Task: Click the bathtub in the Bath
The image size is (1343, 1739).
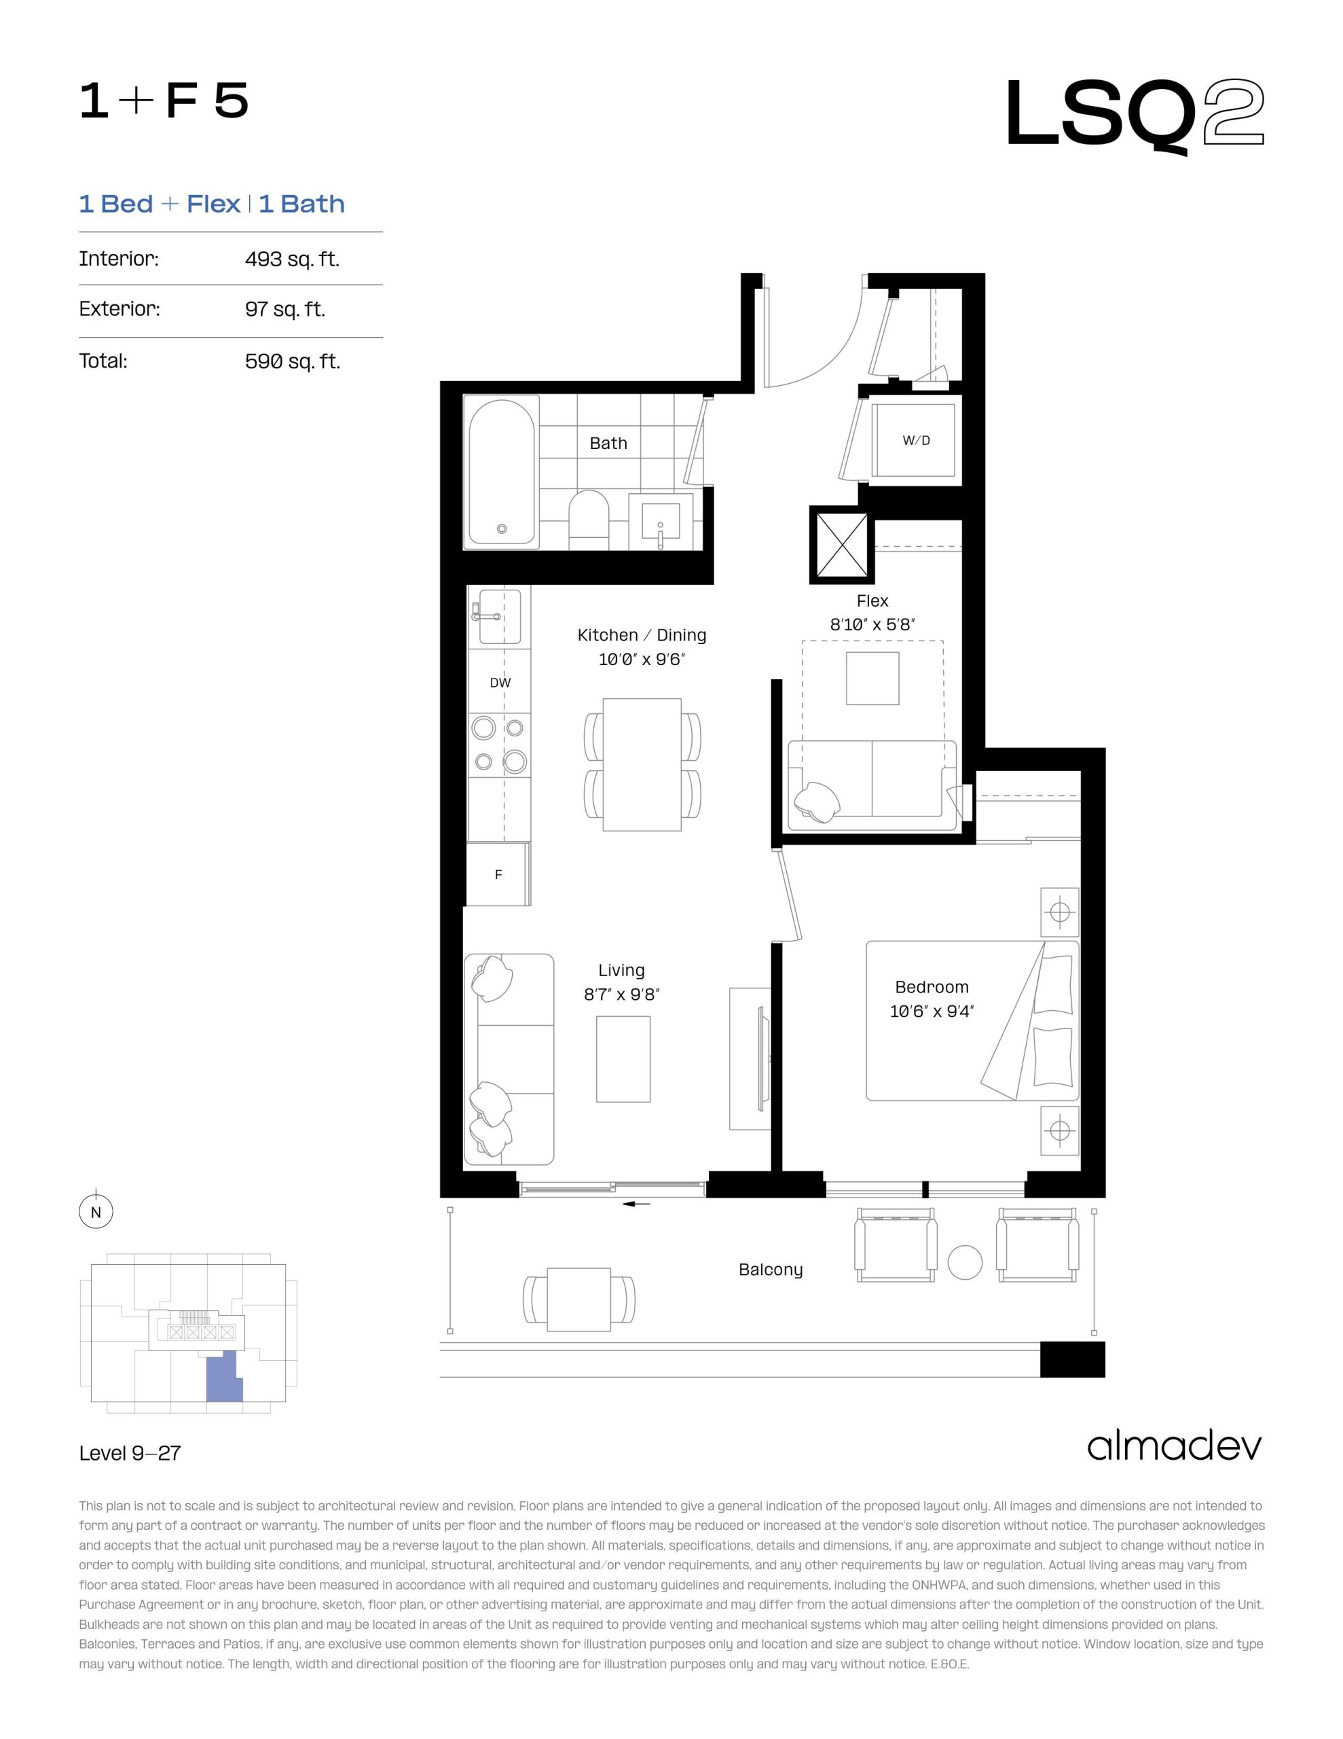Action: click(502, 471)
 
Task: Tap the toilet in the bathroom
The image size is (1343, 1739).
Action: click(589, 519)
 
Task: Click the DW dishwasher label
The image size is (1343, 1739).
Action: click(500, 683)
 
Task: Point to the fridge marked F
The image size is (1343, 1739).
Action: click(498, 874)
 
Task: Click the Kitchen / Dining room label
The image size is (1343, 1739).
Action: click(642, 634)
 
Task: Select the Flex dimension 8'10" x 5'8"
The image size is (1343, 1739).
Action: click(872, 624)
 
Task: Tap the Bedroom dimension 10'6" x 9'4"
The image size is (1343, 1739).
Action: click(932, 1011)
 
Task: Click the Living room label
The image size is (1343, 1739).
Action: click(621, 970)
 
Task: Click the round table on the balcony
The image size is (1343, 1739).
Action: click(965, 1262)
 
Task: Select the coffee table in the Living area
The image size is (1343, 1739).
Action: click(623, 1059)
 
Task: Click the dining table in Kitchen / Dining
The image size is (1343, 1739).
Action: click(642, 764)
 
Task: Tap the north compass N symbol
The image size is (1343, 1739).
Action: click(96, 1213)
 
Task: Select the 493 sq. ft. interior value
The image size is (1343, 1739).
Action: click(292, 259)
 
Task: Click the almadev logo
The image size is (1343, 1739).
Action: click(1174, 1447)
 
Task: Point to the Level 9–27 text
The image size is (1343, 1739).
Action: click(130, 1453)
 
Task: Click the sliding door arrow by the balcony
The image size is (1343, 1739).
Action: click(636, 1204)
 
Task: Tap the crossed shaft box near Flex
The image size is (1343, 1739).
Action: click(841, 545)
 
